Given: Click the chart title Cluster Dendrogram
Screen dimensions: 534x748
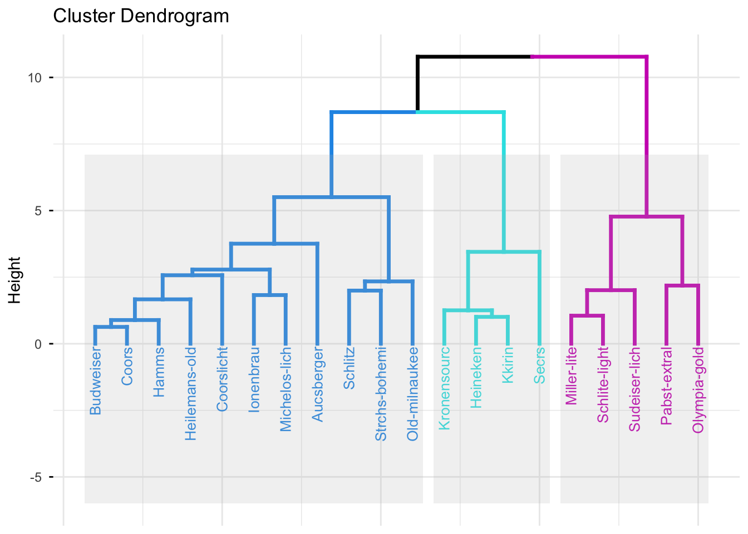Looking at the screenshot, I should [x=141, y=16].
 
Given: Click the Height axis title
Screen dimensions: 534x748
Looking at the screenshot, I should [x=15, y=280].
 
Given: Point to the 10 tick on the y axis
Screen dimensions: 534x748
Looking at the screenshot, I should [x=35, y=78].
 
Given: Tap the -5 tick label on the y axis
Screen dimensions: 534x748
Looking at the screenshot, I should [x=35, y=477].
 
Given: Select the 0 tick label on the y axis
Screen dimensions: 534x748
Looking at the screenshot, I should [x=38, y=344].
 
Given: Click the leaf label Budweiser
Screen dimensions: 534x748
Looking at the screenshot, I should [x=96, y=382].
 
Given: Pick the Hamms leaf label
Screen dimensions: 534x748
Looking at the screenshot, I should [x=159, y=372].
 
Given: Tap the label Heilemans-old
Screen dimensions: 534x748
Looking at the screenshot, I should [x=191, y=394].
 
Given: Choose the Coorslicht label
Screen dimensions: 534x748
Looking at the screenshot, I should [x=223, y=379].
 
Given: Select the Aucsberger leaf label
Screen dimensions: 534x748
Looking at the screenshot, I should [x=318, y=384].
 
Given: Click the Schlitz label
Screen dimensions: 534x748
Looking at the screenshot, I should [x=350, y=368].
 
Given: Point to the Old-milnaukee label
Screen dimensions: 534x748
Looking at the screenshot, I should [x=413, y=394].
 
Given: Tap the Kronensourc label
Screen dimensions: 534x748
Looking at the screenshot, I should [x=445, y=388].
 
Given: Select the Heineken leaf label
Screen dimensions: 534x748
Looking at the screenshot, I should [x=476, y=378].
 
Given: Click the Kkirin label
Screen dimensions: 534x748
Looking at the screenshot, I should [x=508, y=365].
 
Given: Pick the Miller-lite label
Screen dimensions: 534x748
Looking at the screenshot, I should [x=572, y=377].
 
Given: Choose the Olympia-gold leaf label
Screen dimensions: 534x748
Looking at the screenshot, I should [x=698, y=390].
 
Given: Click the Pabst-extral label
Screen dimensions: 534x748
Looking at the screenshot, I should [x=667, y=386].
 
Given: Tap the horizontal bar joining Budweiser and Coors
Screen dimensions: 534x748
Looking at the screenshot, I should [x=111, y=327].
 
